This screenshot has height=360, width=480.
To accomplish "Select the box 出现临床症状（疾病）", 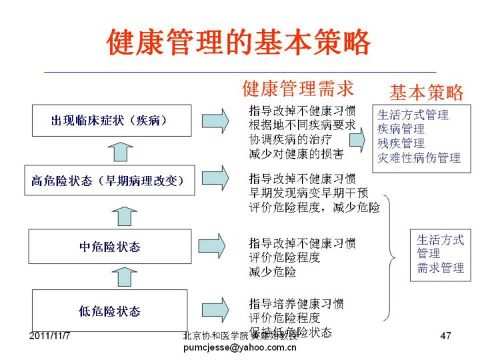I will point(110,121).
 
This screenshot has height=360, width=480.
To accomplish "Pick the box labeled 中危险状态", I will point(110,247).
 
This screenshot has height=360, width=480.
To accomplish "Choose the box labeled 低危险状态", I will point(110,310).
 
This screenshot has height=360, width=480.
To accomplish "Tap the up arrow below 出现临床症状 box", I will point(120,151).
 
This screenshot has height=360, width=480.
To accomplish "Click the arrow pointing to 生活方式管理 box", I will point(357,139).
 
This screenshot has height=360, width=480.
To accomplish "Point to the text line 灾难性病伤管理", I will point(419,158).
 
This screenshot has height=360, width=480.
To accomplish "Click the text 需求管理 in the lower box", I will point(440,268).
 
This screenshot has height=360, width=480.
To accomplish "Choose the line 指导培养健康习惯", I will point(296,304).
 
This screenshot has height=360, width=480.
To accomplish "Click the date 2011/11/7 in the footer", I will point(50,334).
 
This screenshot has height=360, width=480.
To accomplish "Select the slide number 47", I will point(446,335).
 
